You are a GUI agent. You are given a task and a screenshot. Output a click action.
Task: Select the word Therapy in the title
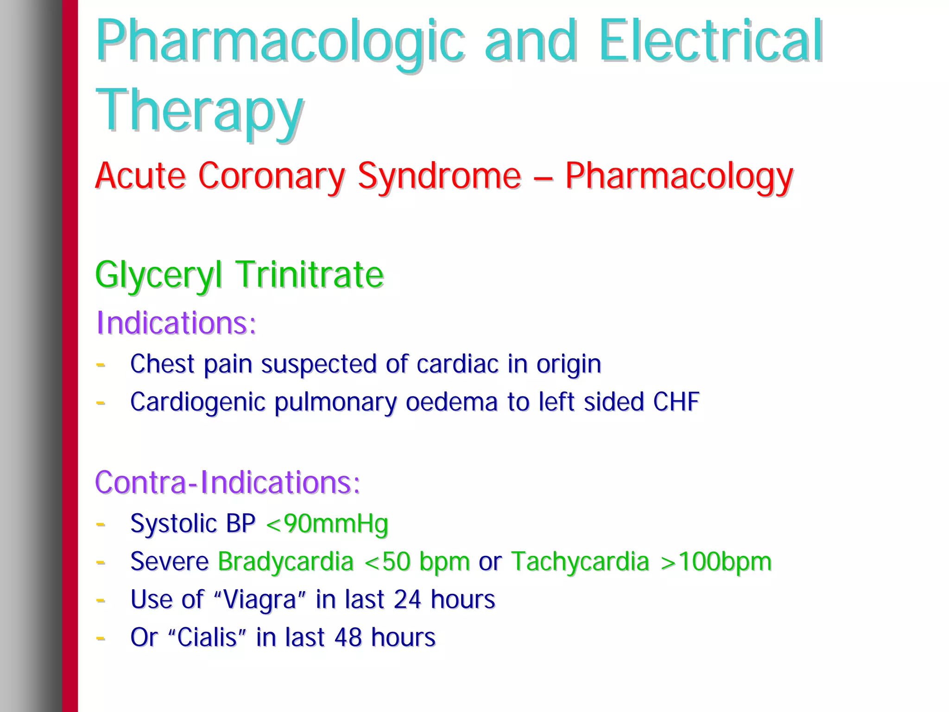point(199,111)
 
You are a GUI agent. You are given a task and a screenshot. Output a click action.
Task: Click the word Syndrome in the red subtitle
point(439,176)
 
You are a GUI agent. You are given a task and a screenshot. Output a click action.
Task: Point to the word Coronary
point(272,176)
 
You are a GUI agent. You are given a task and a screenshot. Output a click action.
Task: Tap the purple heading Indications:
point(176,323)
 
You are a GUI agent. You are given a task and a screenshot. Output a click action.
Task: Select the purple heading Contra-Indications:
point(228,482)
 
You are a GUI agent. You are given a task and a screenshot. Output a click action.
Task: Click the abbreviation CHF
point(676,402)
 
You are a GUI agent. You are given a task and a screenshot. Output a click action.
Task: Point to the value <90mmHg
point(327,524)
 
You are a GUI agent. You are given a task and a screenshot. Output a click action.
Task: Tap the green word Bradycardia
point(285,562)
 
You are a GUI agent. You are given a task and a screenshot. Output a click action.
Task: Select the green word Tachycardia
point(580,562)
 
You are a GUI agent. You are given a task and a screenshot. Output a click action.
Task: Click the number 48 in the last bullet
point(348,638)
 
